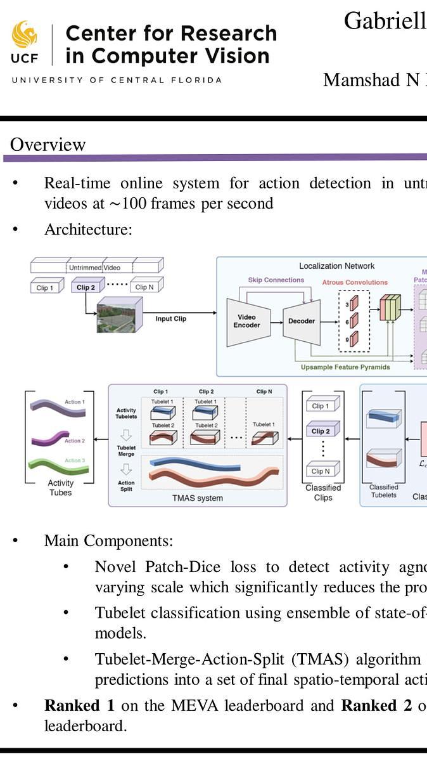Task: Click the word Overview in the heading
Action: (48, 145)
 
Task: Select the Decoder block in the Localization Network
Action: (301, 321)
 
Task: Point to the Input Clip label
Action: (171, 318)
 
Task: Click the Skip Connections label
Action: (276, 280)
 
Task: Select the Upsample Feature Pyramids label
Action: (345, 367)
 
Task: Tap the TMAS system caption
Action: (198, 498)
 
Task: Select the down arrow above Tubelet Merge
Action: (126, 435)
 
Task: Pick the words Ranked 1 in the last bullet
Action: (72, 705)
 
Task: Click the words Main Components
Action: (108, 541)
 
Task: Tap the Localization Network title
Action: (337, 266)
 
